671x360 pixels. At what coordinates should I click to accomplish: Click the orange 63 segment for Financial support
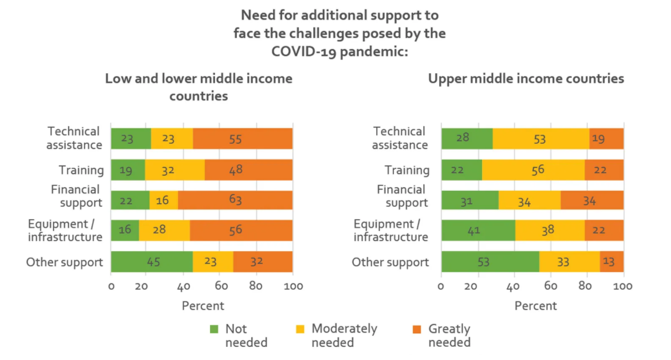tap(235, 200)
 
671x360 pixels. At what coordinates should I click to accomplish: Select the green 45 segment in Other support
tap(152, 262)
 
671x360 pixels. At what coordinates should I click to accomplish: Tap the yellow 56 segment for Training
tap(533, 169)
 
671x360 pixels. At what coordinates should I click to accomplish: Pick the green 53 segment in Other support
tap(490, 262)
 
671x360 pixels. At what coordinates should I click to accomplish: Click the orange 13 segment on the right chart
tap(611, 262)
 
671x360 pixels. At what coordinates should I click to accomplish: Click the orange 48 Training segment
tap(248, 169)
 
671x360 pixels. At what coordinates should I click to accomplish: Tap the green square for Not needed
tap(214, 329)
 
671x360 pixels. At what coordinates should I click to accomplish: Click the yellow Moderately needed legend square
tap(301, 329)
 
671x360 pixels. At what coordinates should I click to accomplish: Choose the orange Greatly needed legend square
tap(417, 329)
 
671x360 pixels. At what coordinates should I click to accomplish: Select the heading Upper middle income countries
tap(526, 78)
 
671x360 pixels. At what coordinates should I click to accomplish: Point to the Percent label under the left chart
tap(203, 306)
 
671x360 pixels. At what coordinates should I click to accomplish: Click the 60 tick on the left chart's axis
tap(220, 286)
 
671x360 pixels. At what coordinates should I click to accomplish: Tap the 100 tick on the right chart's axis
tap(623, 286)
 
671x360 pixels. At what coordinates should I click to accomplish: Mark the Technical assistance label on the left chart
tap(74, 138)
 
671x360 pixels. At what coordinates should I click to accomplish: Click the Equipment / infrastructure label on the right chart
tap(390, 230)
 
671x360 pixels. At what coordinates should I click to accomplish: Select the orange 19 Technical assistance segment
tap(606, 139)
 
